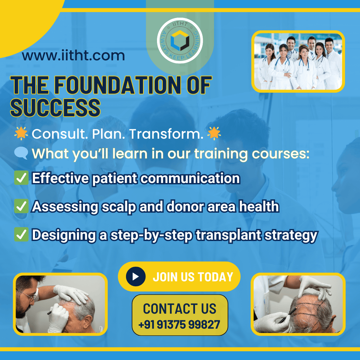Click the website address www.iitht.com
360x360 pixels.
point(73,56)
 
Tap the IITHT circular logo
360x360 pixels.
point(180,40)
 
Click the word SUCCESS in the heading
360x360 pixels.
point(55,108)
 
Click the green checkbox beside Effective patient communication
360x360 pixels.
point(21,178)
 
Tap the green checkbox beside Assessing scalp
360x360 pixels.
point(21,206)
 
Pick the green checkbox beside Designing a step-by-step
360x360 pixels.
point(21,234)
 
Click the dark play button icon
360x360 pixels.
point(136,276)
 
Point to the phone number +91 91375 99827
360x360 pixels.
point(179,324)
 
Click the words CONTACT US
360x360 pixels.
point(180,309)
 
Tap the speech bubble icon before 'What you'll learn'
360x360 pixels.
point(21,153)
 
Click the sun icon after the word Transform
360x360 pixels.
point(214,133)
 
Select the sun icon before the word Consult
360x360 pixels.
point(21,133)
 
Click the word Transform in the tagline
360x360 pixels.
point(166,134)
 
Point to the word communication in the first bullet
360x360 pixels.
point(190,178)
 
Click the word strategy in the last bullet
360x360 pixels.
point(291,236)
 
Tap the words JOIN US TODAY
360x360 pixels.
point(193,277)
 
